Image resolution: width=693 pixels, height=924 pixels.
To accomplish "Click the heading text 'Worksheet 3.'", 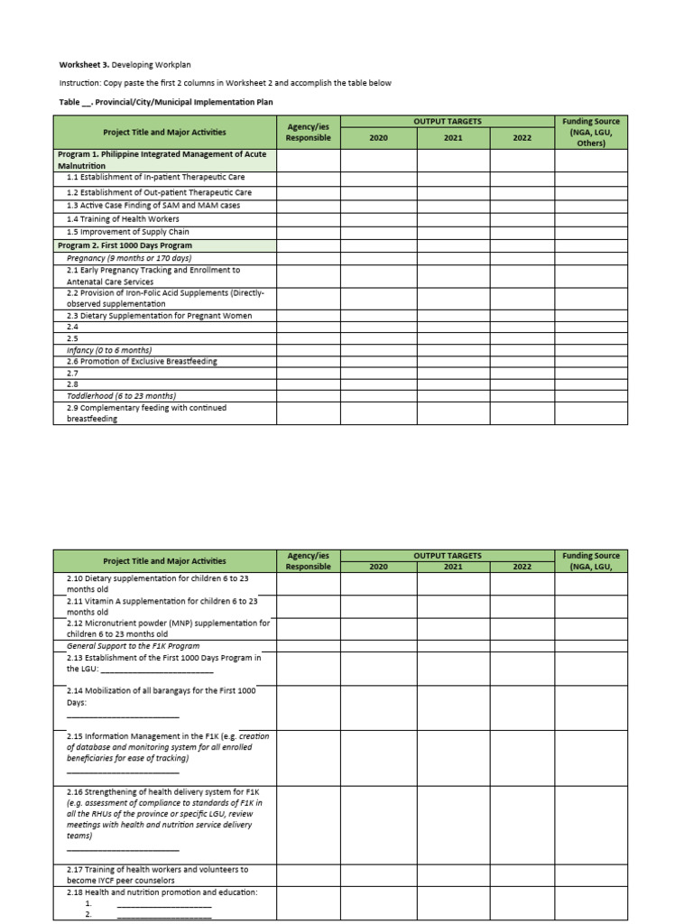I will (82, 65).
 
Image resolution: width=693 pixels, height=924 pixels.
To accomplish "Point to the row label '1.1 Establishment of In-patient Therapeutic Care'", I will (155, 178).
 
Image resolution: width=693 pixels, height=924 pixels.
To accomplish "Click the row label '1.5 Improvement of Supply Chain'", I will (127, 232).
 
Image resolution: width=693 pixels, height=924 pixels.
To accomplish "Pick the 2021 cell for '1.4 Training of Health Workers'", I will (452, 218).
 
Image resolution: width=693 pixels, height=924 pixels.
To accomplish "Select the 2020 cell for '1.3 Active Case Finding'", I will (378, 206).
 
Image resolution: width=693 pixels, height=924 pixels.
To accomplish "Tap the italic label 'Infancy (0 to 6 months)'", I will (109, 350).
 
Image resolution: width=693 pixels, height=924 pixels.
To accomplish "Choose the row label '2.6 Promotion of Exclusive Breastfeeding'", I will (142, 362).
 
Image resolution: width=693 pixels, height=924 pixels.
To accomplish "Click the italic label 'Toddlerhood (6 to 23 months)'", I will (121, 396).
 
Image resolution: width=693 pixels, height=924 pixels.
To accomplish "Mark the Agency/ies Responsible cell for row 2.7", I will (308, 373).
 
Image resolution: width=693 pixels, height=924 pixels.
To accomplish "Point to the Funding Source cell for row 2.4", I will (591, 327).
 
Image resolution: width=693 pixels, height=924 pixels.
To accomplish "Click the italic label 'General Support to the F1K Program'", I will (133, 646).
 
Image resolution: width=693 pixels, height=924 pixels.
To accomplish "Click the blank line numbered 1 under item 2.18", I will (163, 903).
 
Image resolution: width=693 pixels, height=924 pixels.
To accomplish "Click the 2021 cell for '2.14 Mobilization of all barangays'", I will (452, 707).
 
